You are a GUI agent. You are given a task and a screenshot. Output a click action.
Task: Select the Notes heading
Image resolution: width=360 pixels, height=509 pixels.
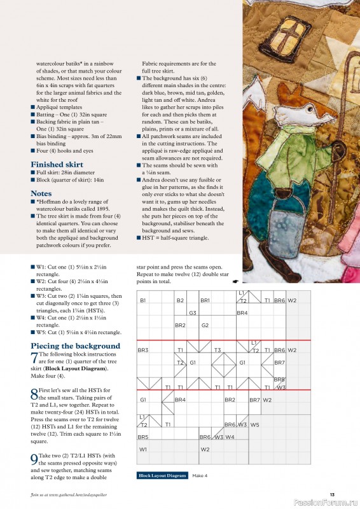coord(41,193)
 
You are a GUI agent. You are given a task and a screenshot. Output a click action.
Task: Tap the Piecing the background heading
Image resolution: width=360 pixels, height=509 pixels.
coord(76,346)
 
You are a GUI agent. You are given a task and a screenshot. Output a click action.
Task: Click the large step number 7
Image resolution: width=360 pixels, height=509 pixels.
coord(34,358)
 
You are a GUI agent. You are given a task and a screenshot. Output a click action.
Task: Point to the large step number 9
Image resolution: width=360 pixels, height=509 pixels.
coord(34,459)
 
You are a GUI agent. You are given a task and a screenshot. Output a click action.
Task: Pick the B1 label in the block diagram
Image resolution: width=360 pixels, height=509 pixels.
coord(143,300)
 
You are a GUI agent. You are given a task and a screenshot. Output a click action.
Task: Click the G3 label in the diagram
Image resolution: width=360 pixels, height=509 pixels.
coord(192,313)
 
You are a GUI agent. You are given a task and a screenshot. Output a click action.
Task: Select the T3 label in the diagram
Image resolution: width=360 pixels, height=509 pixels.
coord(217,350)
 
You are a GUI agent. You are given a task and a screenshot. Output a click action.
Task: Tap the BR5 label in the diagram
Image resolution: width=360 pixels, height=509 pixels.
coord(143,437)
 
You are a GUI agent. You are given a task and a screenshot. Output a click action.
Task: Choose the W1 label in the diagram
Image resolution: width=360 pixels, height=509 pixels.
coord(142,449)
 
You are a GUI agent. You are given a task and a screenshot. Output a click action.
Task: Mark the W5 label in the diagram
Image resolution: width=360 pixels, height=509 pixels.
coord(254,424)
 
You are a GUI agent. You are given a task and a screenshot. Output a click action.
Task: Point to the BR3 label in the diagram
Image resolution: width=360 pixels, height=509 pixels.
coord(143,350)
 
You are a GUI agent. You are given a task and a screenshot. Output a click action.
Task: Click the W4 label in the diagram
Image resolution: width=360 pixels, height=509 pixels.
coord(230,437)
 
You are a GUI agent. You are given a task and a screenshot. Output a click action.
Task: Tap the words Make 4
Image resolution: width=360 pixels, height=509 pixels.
coord(200,475)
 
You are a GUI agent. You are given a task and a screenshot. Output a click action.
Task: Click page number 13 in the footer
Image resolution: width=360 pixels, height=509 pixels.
coord(332,494)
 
